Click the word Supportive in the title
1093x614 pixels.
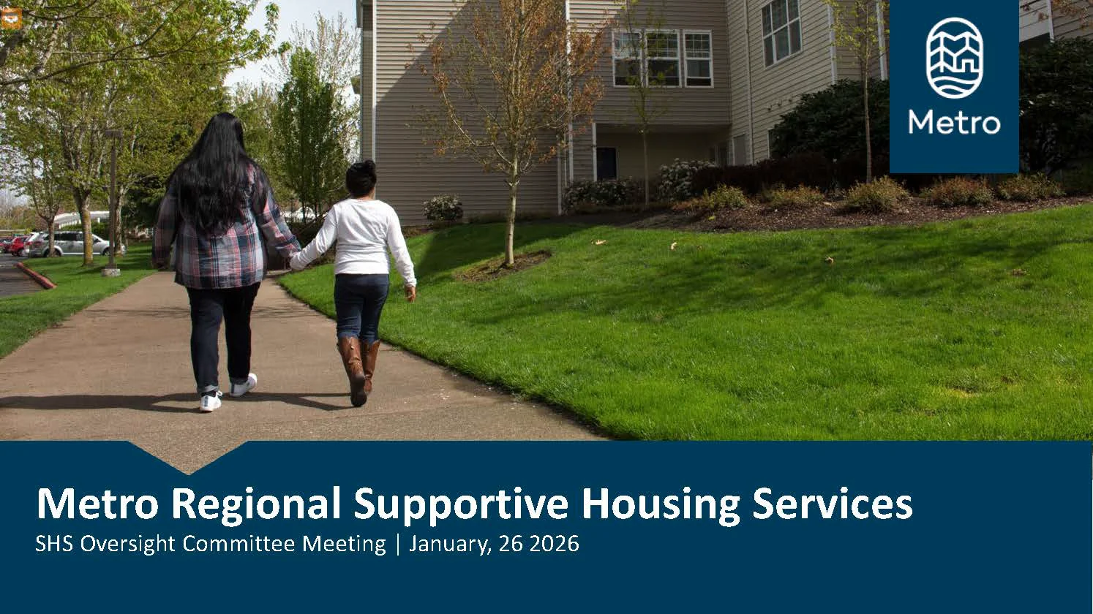[x=461, y=505]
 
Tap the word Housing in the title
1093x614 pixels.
[x=661, y=505]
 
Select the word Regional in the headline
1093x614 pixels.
[x=255, y=505]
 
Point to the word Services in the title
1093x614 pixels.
[x=833, y=504]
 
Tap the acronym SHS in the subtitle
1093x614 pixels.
[x=53, y=544]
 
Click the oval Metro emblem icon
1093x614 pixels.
[x=955, y=58]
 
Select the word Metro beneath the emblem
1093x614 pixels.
[x=954, y=122]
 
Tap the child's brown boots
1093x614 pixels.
[x=360, y=369]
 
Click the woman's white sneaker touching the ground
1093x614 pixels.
[x=211, y=402]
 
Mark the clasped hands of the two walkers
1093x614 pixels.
[x=296, y=261]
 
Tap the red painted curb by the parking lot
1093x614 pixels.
[x=37, y=276]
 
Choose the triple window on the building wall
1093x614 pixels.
[x=662, y=58]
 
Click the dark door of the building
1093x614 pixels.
[x=606, y=164]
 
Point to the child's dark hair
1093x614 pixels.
[x=361, y=179]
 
